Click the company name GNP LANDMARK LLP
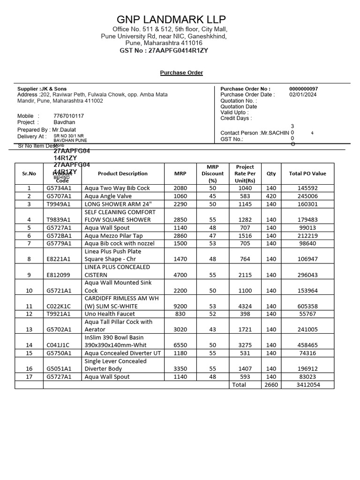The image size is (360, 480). tap(171, 19)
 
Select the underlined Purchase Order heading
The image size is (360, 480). tap(181, 73)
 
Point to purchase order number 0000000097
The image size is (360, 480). tap(303, 89)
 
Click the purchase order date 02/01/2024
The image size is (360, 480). tap(302, 95)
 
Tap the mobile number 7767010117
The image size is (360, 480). tap(68, 116)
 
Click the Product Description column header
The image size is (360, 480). tap(123, 173)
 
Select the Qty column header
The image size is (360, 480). tap(271, 173)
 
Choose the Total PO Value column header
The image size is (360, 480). tap(307, 173)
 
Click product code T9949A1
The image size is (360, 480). tap(59, 204)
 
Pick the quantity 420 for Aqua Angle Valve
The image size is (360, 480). tap(271, 196)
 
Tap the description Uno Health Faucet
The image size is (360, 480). tap(110, 314)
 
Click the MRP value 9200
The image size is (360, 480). tap(180, 306)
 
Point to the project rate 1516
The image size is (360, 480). tap(245, 236)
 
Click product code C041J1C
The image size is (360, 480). tap(58, 345)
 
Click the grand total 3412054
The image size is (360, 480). tap(308, 384)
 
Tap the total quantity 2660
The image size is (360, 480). tap(271, 384)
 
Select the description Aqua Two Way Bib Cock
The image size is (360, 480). tap(117, 188)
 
